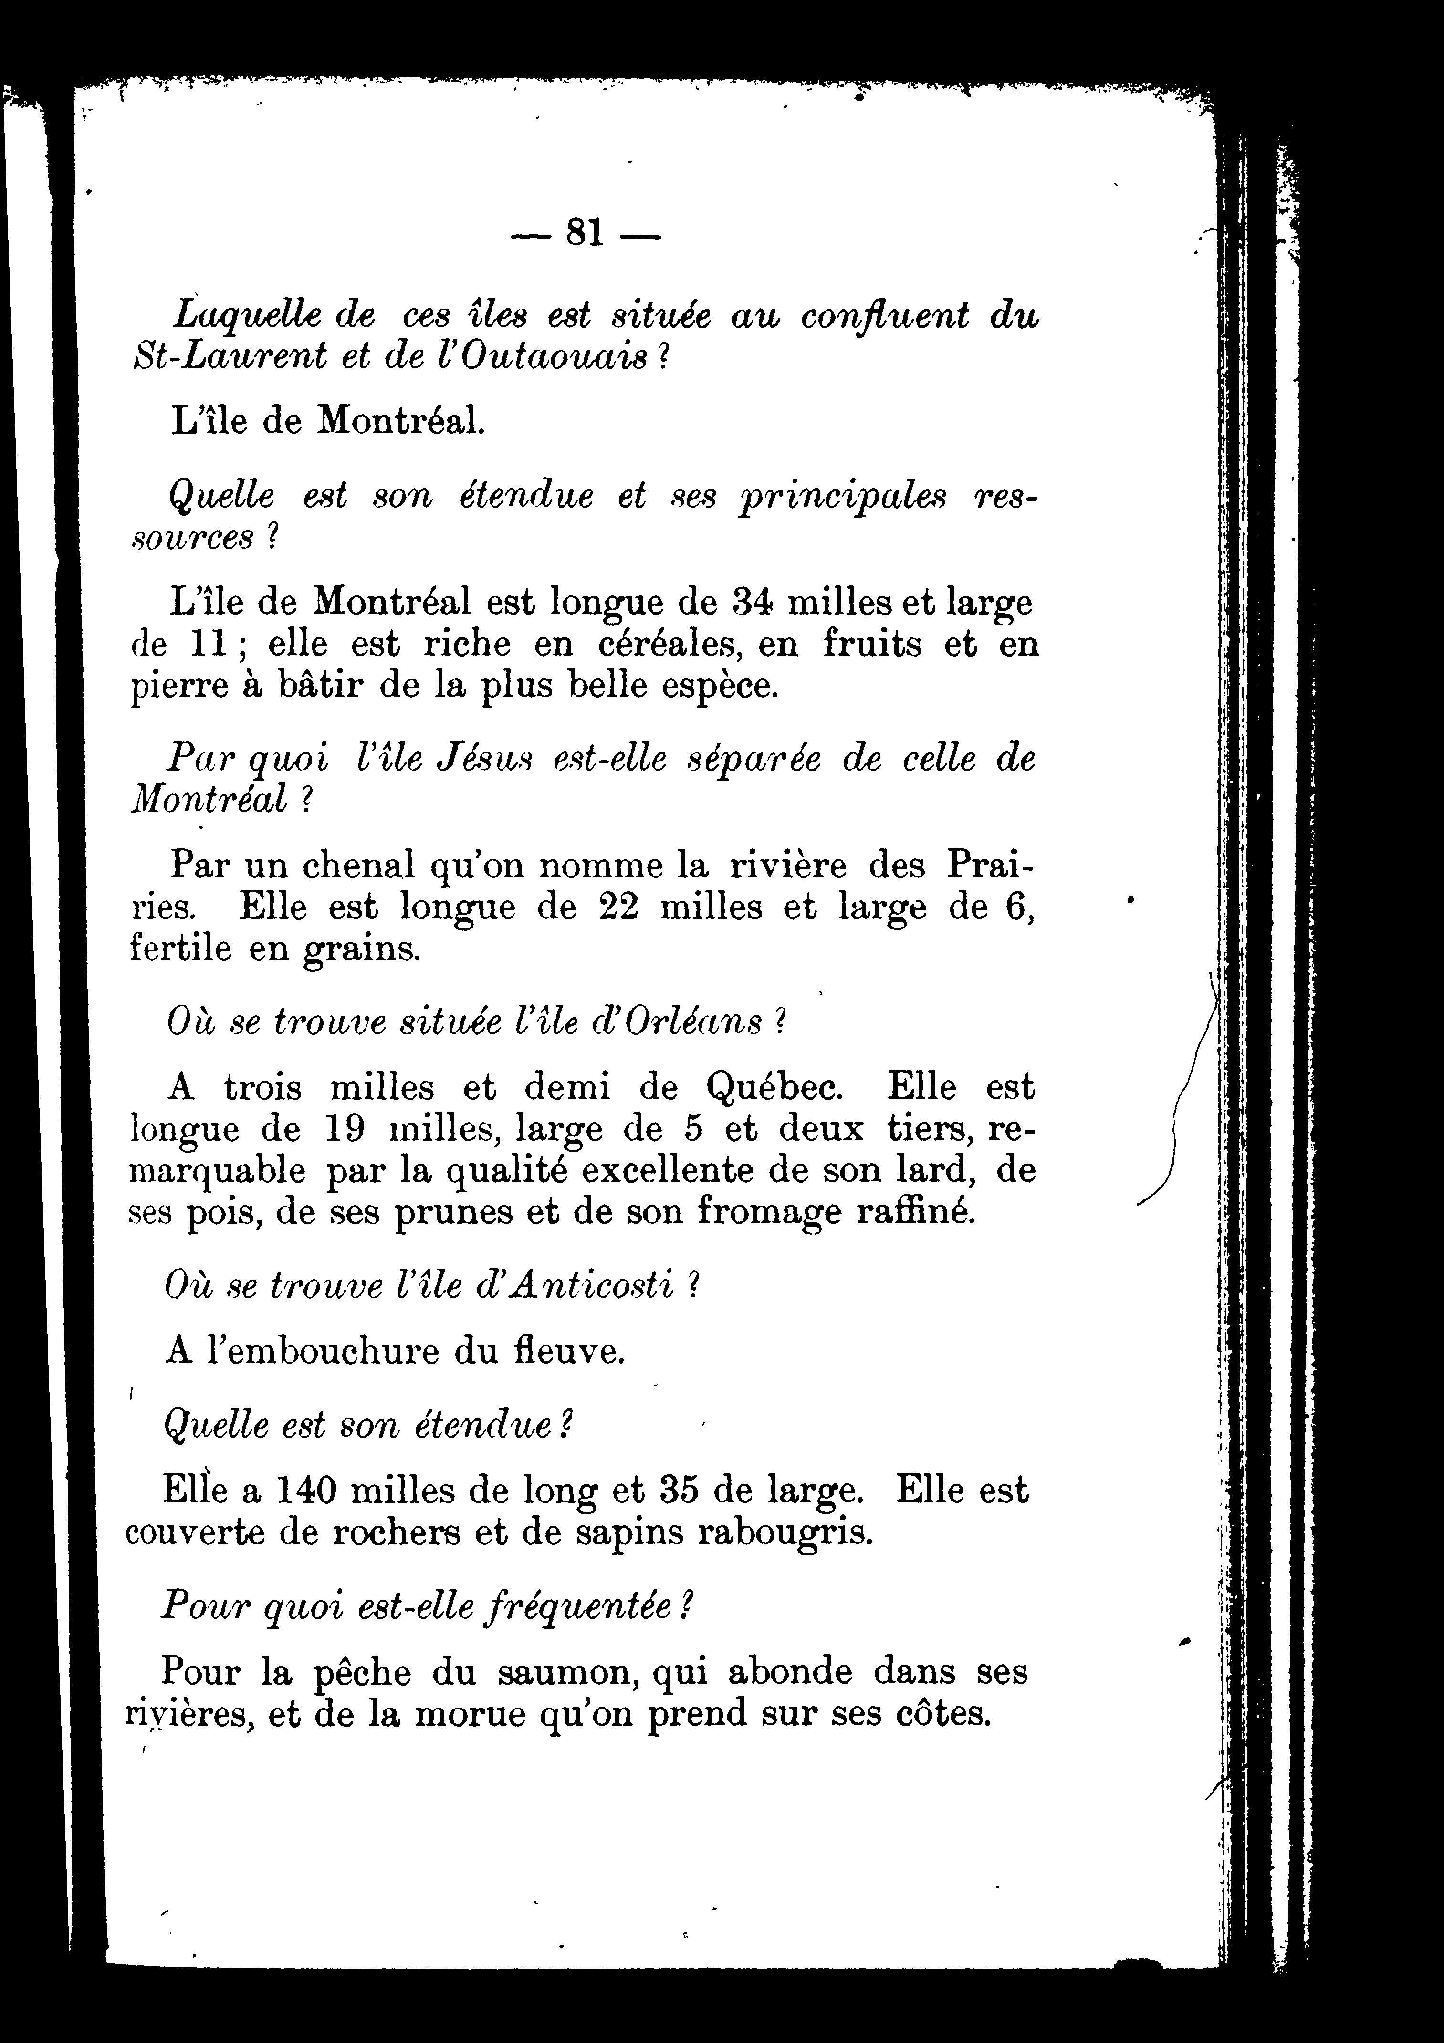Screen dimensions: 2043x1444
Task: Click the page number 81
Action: pyautogui.click(x=585, y=233)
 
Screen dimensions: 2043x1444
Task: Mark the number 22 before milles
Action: pyautogui.click(x=618, y=907)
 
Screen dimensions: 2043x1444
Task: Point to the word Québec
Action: pyautogui.click(x=774, y=1087)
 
